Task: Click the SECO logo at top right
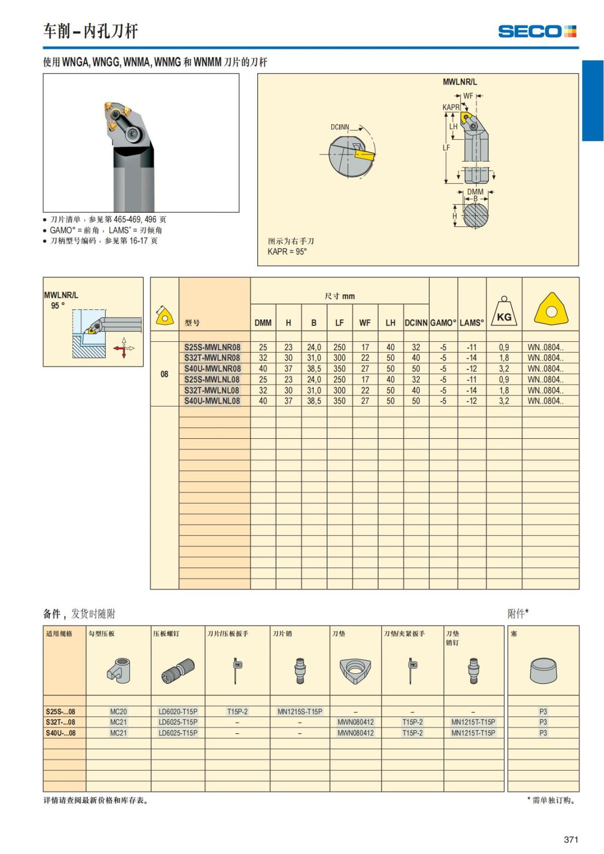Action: [x=537, y=31]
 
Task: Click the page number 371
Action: [x=571, y=839]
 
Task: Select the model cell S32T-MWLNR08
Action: [x=212, y=358]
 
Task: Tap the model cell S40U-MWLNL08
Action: [x=212, y=401]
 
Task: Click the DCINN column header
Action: [x=416, y=323]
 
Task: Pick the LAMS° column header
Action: [x=472, y=323]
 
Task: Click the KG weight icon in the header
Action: [x=504, y=311]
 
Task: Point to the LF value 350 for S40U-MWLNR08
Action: [x=339, y=369]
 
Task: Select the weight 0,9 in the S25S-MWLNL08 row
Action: [x=504, y=379]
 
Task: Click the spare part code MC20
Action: [x=118, y=712]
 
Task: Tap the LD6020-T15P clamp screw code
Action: [x=178, y=712]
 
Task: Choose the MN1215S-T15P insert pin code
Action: [x=299, y=712]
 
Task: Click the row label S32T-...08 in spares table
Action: [x=60, y=722]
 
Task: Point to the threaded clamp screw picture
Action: [x=178, y=671]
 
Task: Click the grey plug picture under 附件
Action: [x=544, y=671]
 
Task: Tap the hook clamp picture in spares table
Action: [x=118, y=671]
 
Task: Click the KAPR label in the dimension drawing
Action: [x=451, y=108]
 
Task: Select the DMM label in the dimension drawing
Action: [x=475, y=192]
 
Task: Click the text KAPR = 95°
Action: [x=287, y=252]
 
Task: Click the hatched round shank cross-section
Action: [x=476, y=215]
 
